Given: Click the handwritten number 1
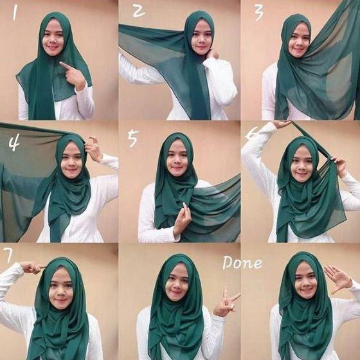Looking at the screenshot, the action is click(15, 13).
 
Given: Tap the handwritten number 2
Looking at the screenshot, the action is click(139, 12).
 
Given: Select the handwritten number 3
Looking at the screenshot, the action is click(258, 12).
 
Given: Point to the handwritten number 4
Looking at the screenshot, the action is click(14, 144).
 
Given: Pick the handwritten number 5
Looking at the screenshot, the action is click(134, 138).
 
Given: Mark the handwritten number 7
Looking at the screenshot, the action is click(8, 255).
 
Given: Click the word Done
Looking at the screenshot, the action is click(242, 262).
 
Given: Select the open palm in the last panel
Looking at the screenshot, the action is click(337, 279).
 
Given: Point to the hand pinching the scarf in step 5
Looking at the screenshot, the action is click(183, 216).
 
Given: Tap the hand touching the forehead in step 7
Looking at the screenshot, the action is click(32, 267).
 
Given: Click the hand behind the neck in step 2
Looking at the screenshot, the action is click(213, 53).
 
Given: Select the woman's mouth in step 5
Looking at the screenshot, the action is click(175, 168).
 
